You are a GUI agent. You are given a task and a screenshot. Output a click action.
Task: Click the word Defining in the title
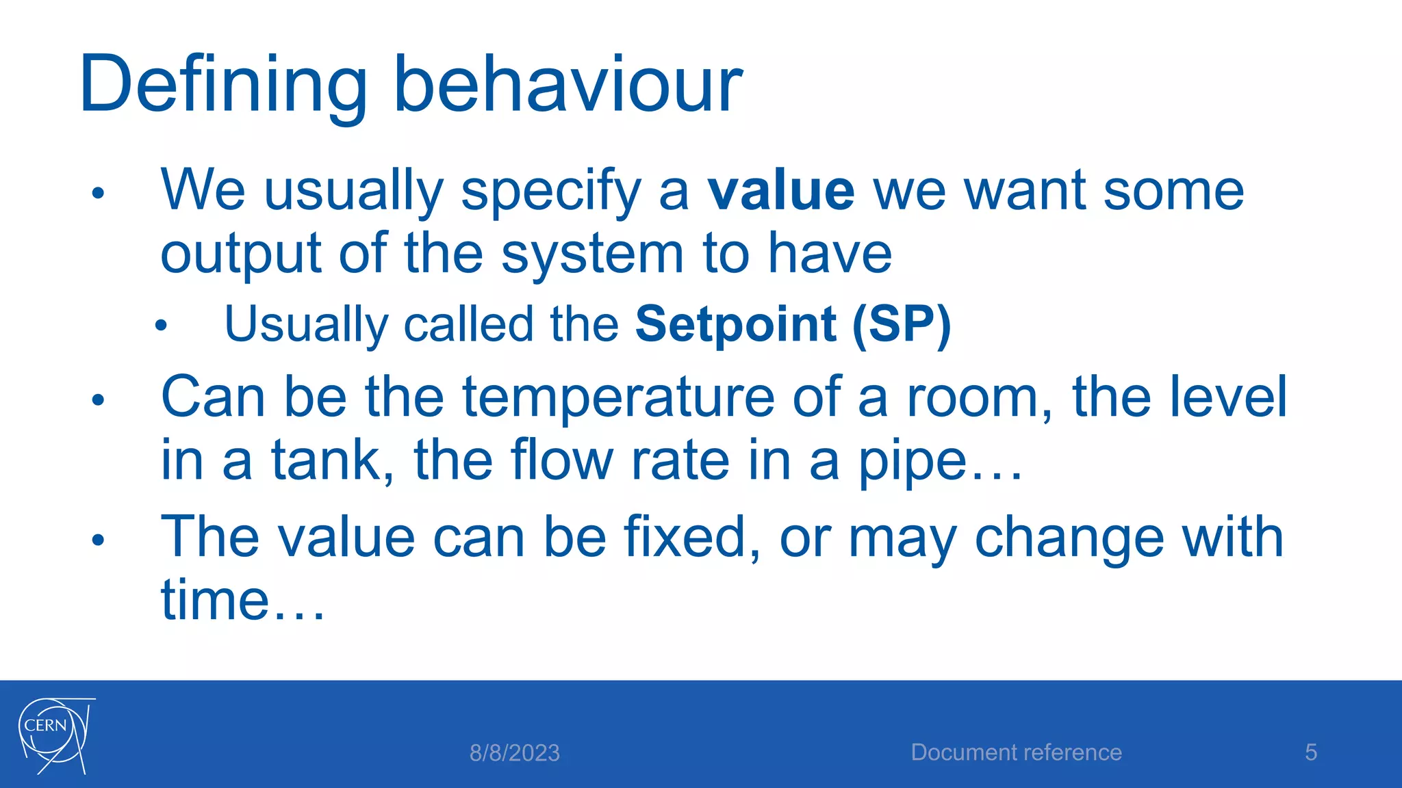(x=222, y=86)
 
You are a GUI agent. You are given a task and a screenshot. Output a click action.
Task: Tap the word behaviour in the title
(x=568, y=86)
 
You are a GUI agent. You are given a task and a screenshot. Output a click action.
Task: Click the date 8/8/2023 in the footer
(x=514, y=753)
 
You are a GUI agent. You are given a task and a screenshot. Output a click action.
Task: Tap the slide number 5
(x=1310, y=752)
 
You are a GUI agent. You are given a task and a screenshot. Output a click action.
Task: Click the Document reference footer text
(x=1016, y=752)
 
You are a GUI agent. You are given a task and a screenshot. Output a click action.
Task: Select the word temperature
(x=618, y=398)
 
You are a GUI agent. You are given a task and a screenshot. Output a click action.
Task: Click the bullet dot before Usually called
(x=161, y=326)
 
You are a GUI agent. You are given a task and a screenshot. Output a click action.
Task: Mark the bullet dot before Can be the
(x=98, y=399)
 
